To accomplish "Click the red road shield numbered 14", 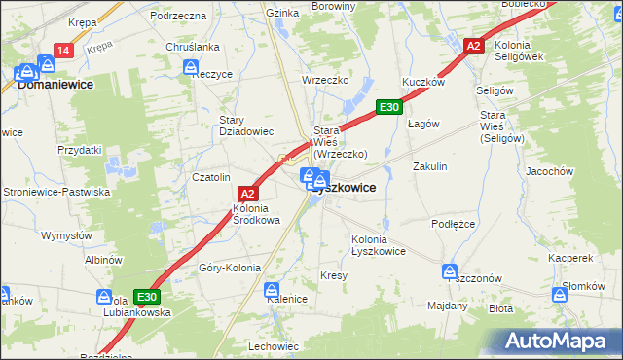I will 62,51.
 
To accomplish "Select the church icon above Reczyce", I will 193,66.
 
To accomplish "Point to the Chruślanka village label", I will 192,47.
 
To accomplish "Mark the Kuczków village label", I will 423,83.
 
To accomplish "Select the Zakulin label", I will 429,166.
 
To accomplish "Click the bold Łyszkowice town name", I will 343,188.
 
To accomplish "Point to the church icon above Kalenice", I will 273,289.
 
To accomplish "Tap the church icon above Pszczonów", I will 450,270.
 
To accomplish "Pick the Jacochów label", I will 575,170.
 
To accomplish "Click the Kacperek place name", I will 569,259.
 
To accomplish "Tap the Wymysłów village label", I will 65,235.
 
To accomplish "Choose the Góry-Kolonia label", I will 230,268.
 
